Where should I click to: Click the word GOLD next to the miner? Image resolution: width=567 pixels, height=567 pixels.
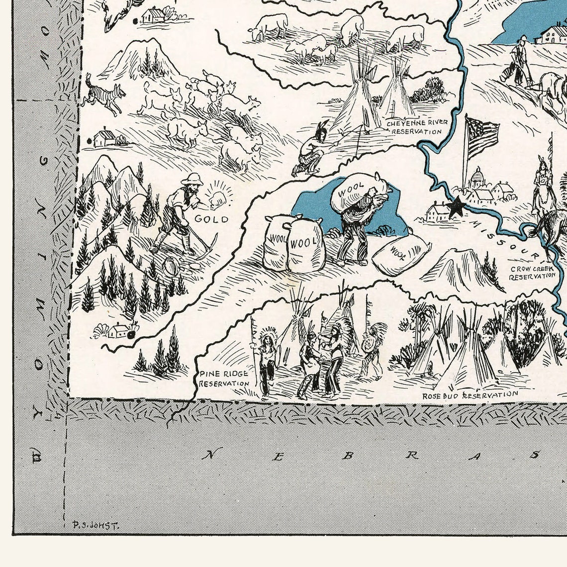[211, 219]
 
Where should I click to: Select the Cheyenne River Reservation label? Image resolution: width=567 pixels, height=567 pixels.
[416, 127]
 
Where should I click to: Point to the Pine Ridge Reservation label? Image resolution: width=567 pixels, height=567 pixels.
[224, 378]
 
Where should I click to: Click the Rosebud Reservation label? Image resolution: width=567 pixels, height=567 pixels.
[470, 395]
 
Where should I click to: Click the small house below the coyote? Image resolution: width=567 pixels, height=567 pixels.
[104, 138]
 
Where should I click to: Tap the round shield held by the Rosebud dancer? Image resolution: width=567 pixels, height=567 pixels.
[369, 344]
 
